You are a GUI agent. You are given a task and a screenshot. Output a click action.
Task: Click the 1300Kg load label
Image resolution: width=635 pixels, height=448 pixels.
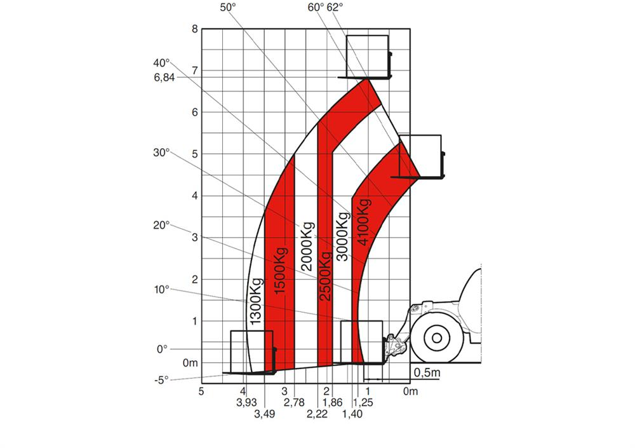tap(256, 302)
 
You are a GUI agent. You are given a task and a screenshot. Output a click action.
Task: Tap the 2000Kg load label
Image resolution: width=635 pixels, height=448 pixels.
tap(307, 247)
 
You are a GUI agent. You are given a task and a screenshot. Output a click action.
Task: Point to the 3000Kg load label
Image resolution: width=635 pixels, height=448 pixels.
tap(343, 236)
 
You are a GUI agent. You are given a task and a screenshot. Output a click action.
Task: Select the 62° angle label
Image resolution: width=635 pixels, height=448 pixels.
tap(335, 8)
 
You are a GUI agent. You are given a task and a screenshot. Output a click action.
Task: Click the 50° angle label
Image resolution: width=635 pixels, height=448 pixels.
tap(228, 8)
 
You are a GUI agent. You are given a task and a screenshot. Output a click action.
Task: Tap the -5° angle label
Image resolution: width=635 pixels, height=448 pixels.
tap(162, 380)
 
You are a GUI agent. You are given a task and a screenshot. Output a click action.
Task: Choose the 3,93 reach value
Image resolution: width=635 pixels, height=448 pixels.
tap(246, 402)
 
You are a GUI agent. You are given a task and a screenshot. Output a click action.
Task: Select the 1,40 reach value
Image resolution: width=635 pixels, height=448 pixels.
tap(352, 414)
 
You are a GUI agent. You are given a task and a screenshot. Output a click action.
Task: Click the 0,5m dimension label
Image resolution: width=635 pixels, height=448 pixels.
tap(426, 372)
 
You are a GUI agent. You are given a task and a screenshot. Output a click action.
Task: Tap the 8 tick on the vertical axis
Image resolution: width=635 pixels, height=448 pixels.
tap(196, 29)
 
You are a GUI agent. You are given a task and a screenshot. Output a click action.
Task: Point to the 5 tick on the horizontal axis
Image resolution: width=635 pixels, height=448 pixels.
tap(202, 391)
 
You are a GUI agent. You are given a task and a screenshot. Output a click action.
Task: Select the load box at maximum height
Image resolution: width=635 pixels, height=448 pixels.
tap(367, 56)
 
